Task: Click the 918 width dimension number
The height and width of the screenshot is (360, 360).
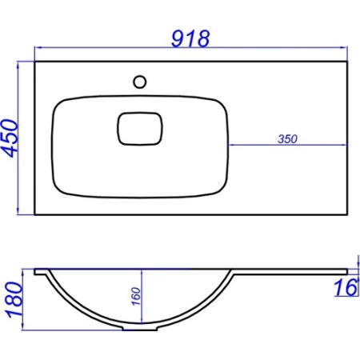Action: [190, 39]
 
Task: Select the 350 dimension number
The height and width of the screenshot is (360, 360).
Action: [287, 139]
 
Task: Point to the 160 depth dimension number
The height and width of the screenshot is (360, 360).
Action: [136, 296]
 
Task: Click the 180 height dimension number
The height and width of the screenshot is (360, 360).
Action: [14, 300]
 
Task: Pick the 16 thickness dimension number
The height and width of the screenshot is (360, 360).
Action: [346, 287]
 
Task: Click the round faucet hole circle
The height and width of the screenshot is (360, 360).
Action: [140, 82]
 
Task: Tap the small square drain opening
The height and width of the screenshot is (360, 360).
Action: [140, 129]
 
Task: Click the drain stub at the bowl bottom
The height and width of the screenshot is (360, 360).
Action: [140, 328]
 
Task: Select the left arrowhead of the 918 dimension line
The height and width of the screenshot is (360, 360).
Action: [38, 48]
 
